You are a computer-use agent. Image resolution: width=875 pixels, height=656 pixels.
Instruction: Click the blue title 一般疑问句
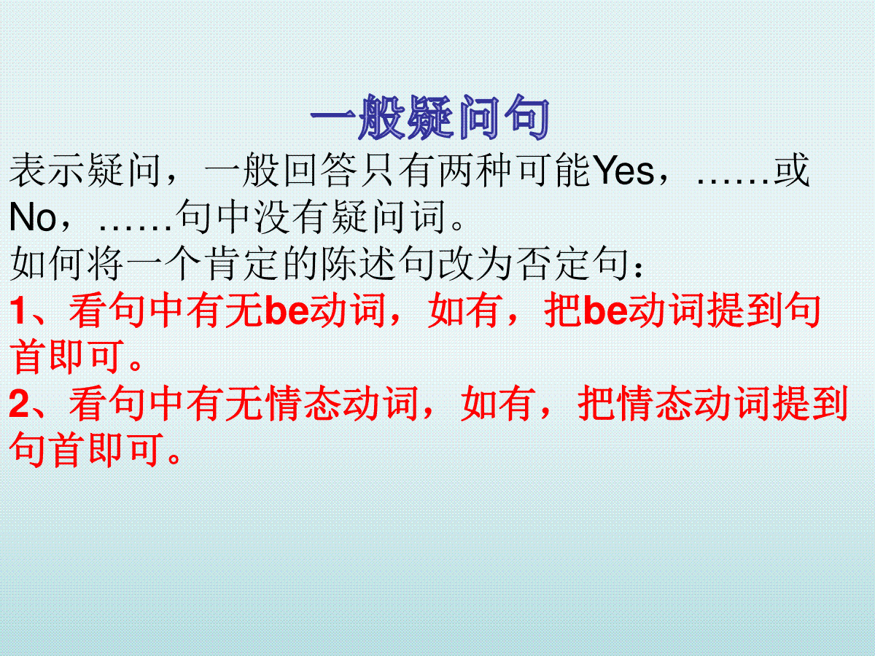[430, 117]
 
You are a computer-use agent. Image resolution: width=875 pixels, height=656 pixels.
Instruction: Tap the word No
[33, 217]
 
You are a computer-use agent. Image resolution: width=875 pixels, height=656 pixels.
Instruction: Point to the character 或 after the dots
[792, 171]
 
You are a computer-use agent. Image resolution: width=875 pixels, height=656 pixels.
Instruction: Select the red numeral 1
[18, 311]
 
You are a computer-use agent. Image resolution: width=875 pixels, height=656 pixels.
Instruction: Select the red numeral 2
[19, 403]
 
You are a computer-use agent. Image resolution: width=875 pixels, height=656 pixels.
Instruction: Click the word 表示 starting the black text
[47, 171]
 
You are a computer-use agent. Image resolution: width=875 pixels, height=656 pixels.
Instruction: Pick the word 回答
[321, 171]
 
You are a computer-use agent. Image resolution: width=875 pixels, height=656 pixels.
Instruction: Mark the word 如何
[47, 264]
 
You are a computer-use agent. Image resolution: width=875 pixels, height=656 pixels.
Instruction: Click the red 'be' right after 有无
[287, 311]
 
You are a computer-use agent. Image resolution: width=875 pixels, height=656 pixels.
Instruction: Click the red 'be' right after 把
[604, 311]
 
